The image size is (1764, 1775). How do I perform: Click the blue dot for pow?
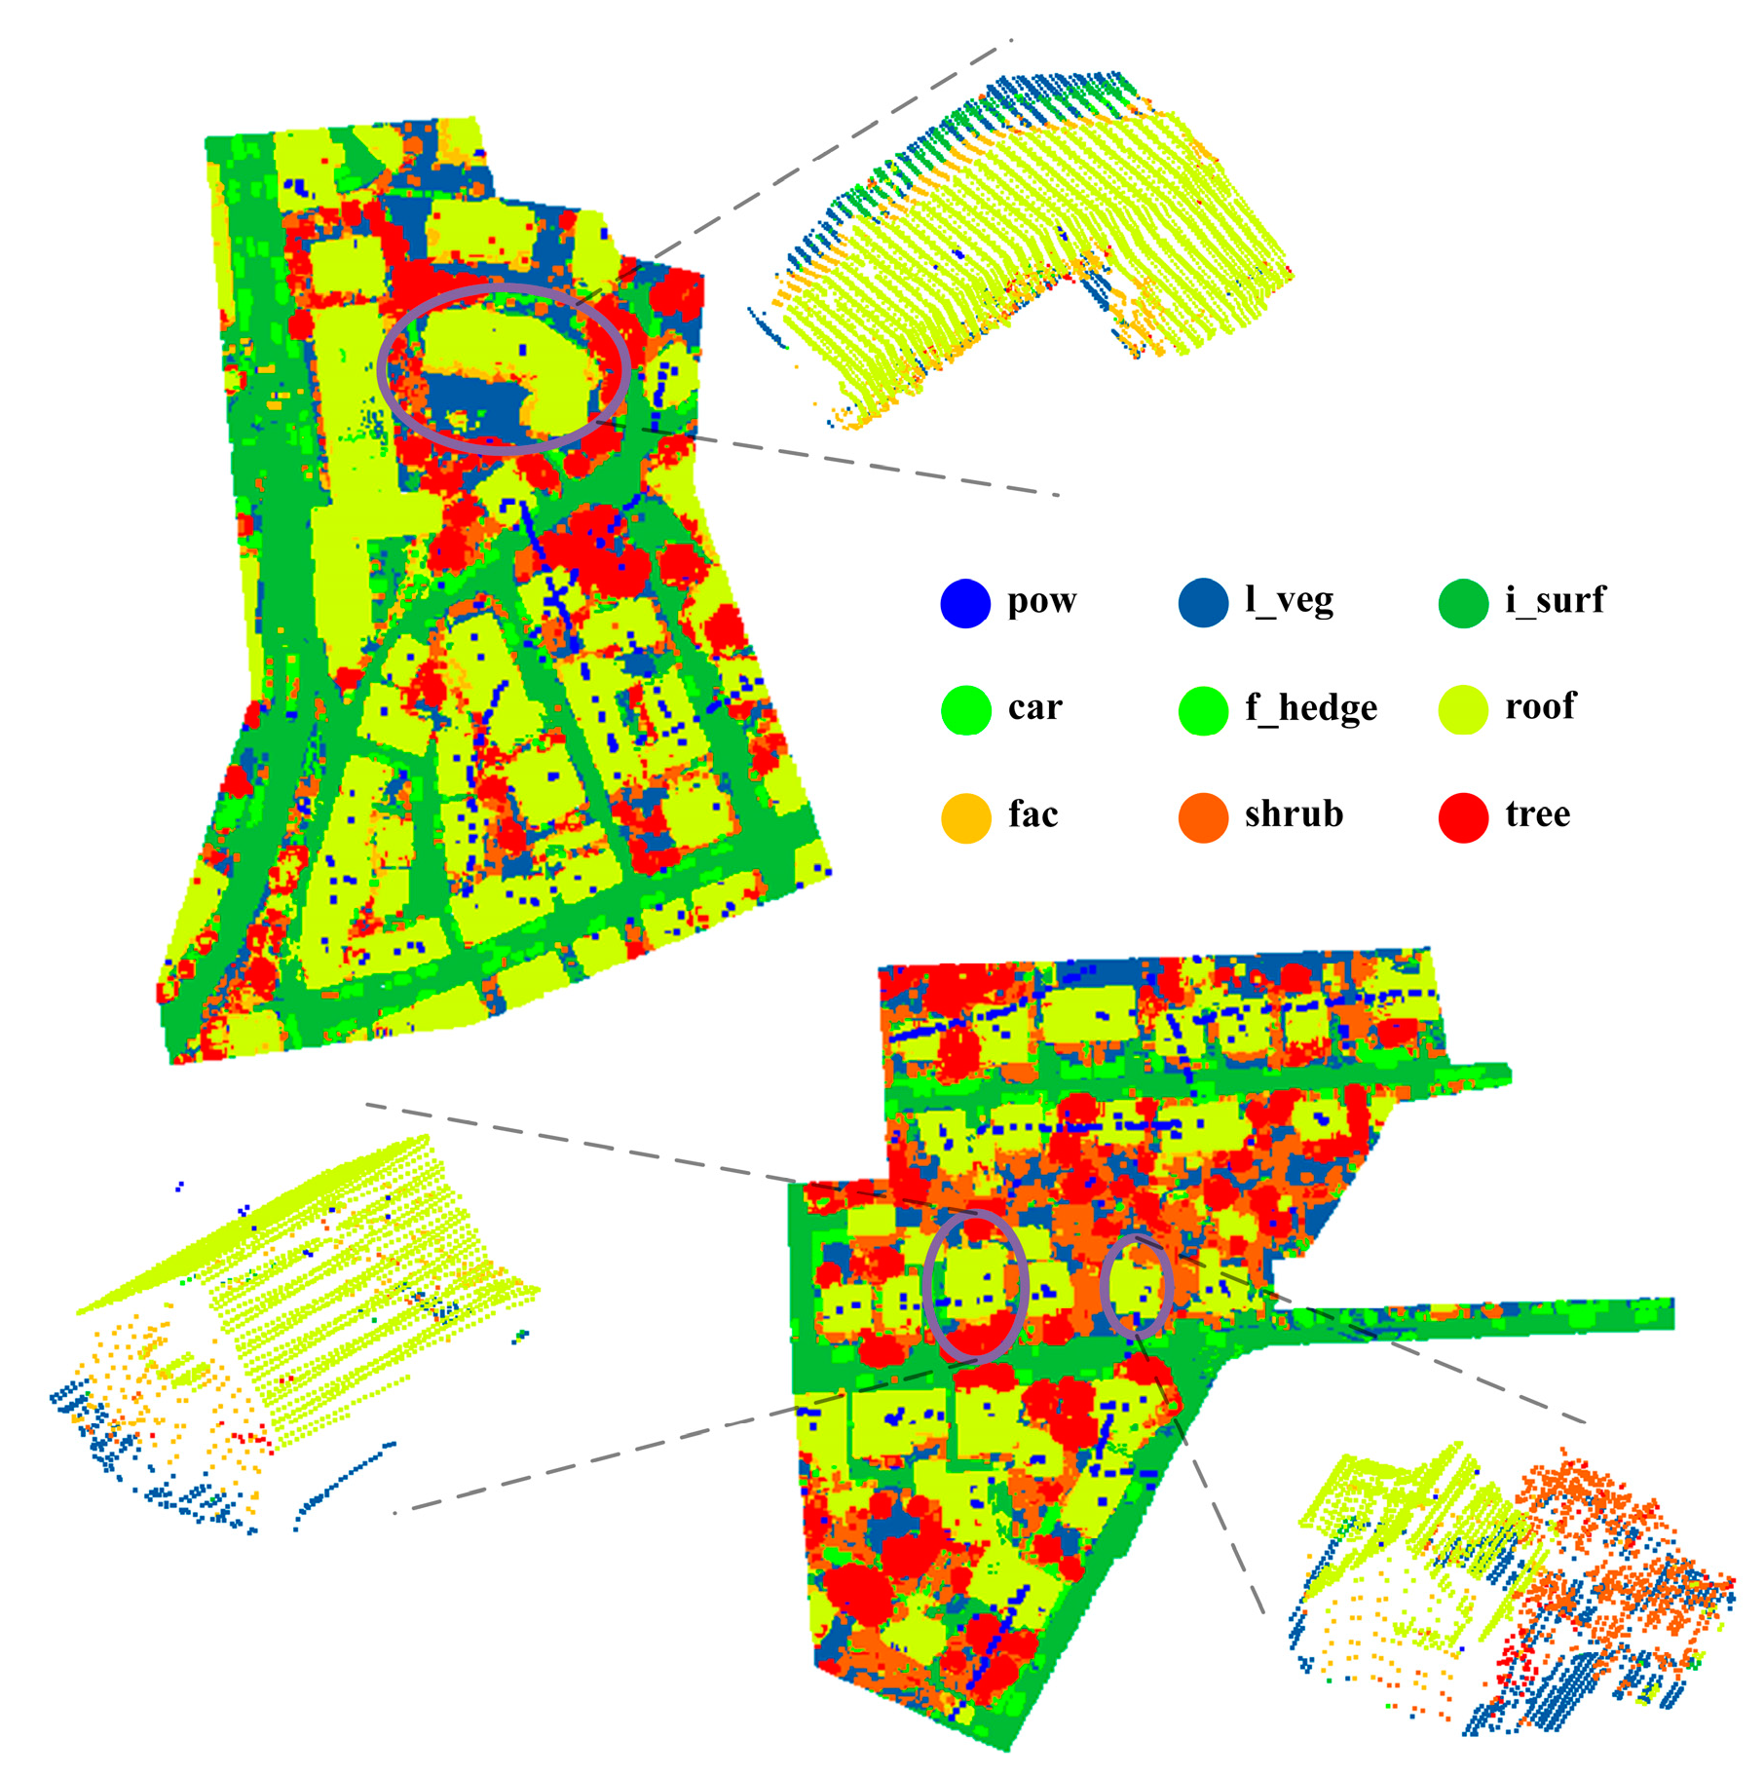(965, 603)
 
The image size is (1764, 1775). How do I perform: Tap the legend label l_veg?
(1289, 600)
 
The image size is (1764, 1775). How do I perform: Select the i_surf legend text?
(1555, 600)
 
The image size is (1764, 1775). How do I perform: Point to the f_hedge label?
(1310, 708)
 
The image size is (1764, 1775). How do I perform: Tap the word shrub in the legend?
(1294, 814)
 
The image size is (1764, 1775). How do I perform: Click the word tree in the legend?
(1537, 814)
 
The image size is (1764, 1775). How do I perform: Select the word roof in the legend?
(1539, 707)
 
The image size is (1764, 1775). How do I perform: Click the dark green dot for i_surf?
(1463, 603)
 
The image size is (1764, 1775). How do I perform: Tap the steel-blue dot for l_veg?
(1203, 603)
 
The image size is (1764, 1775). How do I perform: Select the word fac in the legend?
(1032, 814)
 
